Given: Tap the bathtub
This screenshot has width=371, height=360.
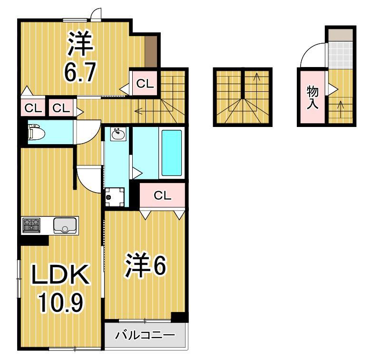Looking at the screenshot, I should pyautogui.click(x=172, y=153).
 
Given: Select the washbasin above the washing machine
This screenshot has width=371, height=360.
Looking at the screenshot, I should pyautogui.click(x=117, y=135).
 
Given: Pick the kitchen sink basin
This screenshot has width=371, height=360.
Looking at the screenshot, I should pyautogui.click(x=65, y=225).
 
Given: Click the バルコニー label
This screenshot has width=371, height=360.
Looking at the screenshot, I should pyautogui.click(x=145, y=336).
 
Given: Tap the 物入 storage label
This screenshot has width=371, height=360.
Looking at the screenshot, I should pyautogui.click(x=312, y=97).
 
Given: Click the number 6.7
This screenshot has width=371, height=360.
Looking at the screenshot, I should pyautogui.click(x=80, y=72).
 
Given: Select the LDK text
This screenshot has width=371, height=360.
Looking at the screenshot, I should pyautogui.click(x=60, y=275).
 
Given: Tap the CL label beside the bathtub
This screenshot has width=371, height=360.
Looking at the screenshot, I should pyautogui.click(x=162, y=195).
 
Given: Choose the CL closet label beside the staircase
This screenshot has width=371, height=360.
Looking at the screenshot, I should pyautogui.click(x=145, y=84).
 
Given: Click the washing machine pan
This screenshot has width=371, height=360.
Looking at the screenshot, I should pyautogui.click(x=115, y=195).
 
